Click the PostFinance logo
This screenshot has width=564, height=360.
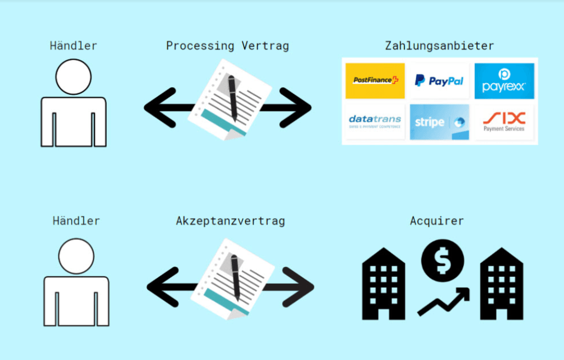pos(375,81)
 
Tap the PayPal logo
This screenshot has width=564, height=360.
pos(439,81)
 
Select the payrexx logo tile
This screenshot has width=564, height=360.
pos(504,81)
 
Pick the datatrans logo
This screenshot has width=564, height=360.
pos(375,122)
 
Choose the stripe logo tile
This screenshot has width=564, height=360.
pos(439,122)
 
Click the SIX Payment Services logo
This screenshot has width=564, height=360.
pos(504,122)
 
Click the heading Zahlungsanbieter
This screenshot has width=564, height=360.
pos(439,46)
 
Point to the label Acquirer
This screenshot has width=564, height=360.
pos(437,221)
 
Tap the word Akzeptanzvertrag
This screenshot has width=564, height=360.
pos(231,221)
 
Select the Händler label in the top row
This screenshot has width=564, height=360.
pos(73,46)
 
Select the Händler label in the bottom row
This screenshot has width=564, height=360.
pos(76,221)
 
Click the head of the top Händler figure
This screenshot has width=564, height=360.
pos(73,77)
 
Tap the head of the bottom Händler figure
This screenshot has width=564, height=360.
pos(76,256)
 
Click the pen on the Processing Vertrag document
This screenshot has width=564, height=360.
pos(233,98)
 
